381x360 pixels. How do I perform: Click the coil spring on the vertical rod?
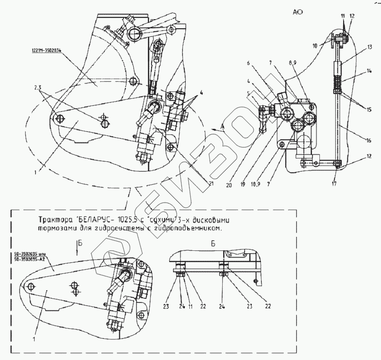338,82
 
